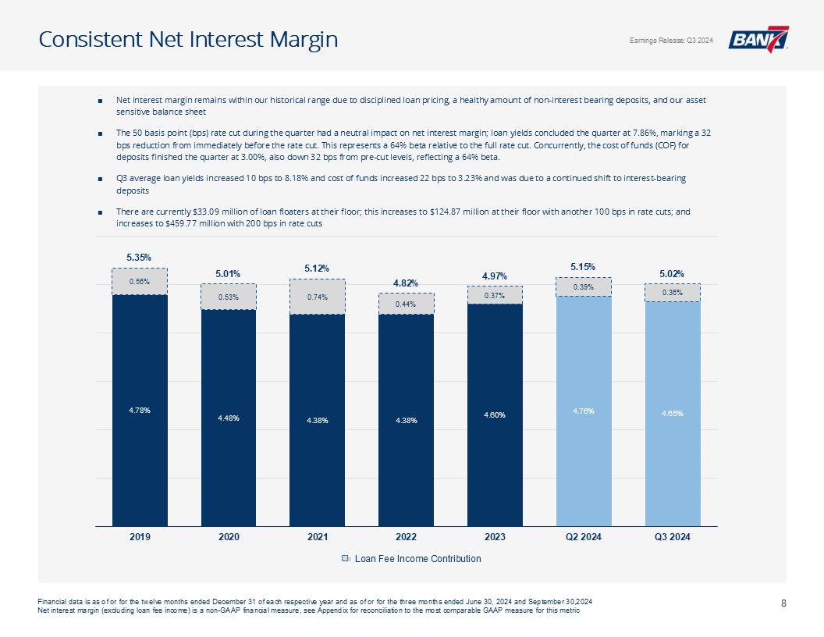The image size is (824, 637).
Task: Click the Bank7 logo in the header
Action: pos(758,39)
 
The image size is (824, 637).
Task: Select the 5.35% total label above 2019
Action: pos(139,257)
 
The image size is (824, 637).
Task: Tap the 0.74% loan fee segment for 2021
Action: pos(317,297)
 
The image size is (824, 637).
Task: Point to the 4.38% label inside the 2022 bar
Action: pos(406,421)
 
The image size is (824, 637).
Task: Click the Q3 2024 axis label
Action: pos(672,537)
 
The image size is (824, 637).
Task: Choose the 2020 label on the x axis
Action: pos(229,537)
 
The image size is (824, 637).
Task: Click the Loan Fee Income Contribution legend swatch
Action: pos(346,559)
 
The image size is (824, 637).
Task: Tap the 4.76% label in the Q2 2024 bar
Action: pos(583,411)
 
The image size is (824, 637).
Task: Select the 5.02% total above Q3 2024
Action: pos(672,274)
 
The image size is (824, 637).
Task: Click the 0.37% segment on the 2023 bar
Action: pos(495,295)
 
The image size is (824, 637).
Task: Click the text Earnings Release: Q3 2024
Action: pos(667,41)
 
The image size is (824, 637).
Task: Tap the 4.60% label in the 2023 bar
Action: pos(495,415)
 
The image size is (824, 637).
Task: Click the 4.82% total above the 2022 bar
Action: pos(406,283)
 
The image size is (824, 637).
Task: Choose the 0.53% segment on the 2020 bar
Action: pos(229,297)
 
